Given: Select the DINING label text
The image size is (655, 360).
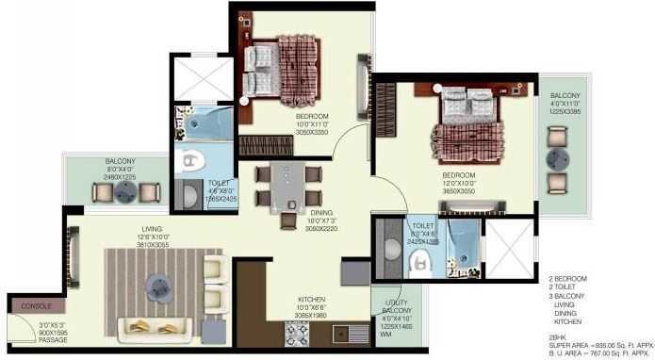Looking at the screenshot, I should click(322, 212).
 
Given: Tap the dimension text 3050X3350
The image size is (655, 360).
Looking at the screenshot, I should click(287, 133).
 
